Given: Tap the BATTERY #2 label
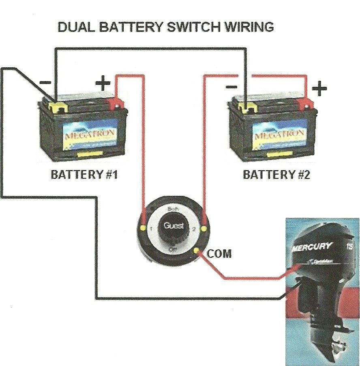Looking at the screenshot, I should click(x=276, y=175).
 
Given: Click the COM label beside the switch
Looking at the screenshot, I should click(x=219, y=254).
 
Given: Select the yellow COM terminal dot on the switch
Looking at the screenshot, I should click(x=197, y=251).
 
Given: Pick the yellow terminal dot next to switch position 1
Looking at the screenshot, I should click(x=143, y=229).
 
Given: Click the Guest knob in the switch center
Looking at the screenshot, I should click(x=173, y=226).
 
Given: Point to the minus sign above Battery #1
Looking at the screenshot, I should click(x=45, y=83).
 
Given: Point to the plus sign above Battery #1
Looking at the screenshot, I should click(x=103, y=84).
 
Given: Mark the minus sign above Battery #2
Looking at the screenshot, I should click(x=231, y=86).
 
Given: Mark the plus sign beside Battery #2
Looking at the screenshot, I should click(x=319, y=88).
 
